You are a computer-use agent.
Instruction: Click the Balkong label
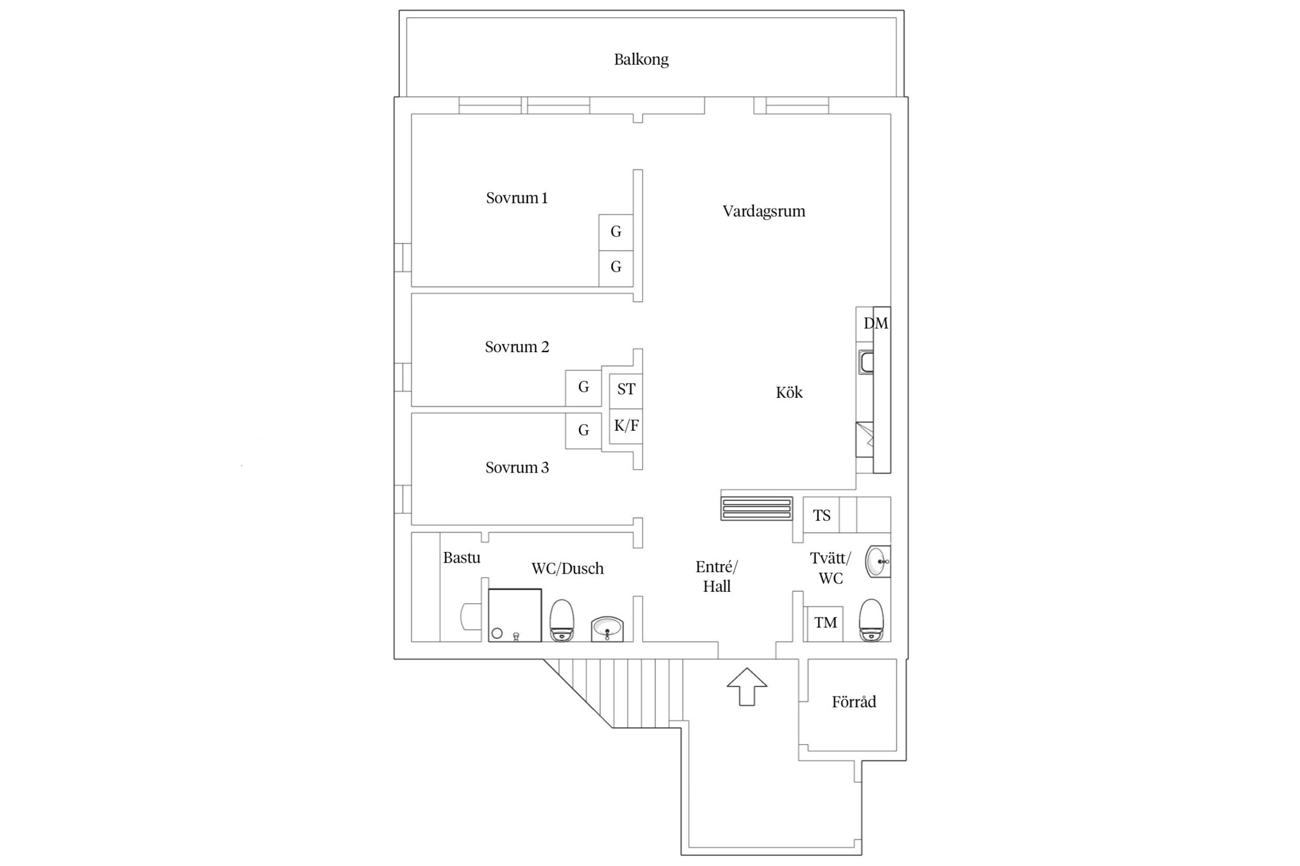(x=641, y=60)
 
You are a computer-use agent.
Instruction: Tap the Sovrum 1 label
(x=517, y=198)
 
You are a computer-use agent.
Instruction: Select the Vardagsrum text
(x=764, y=211)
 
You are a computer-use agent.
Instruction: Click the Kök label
(x=789, y=392)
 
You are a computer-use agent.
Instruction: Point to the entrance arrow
(x=747, y=686)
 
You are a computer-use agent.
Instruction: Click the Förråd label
(x=854, y=701)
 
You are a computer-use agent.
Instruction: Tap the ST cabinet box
(x=626, y=390)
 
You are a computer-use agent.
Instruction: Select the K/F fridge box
(x=626, y=426)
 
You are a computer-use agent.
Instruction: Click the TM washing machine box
(x=825, y=624)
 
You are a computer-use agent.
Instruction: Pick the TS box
(x=821, y=515)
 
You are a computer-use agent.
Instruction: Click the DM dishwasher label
(x=876, y=324)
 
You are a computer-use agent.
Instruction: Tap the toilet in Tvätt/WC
(x=871, y=620)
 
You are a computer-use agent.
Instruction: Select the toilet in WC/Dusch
(x=562, y=620)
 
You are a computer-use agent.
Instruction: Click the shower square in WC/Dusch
(x=515, y=615)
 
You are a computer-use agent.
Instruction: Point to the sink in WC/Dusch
(x=607, y=629)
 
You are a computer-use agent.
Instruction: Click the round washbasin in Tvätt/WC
(x=878, y=561)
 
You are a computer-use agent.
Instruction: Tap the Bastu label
(x=461, y=558)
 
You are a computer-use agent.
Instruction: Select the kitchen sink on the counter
(x=866, y=362)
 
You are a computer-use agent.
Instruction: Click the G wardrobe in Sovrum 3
(x=583, y=431)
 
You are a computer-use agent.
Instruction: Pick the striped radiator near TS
(x=757, y=509)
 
